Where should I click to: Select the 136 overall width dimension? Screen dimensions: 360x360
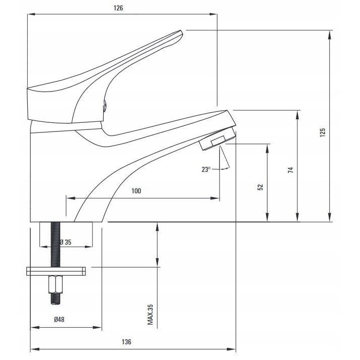coord(126,342)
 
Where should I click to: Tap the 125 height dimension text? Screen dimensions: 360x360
coord(323,132)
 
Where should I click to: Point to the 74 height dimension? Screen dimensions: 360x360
coord(290,170)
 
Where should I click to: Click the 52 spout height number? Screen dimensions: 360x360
coord(260,187)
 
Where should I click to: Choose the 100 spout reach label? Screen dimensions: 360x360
coord(136,191)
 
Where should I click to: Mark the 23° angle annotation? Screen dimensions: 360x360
coord(205,170)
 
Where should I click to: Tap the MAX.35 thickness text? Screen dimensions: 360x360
coord(150,314)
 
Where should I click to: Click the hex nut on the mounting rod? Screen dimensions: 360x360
coord(55,285)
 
